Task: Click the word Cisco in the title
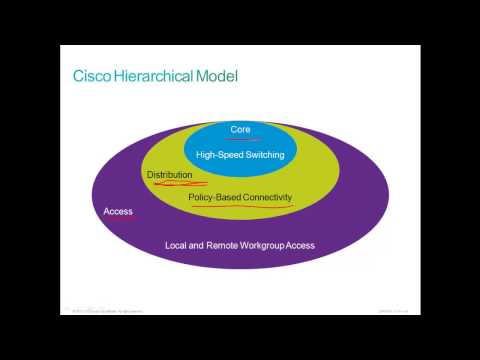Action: (x=93, y=76)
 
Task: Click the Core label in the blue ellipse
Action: (x=240, y=129)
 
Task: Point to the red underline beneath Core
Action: (x=240, y=138)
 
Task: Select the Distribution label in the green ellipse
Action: (x=169, y=175)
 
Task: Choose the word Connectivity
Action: (x=269, y=197)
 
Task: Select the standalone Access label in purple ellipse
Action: (x=118, y=212)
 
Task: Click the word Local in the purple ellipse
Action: (x=177, y=245)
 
